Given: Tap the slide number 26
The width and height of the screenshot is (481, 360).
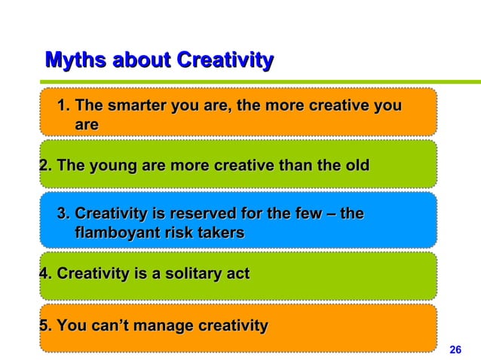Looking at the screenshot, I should (455, 349).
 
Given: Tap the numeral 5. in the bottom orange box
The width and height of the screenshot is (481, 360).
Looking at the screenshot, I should (45, 326).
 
